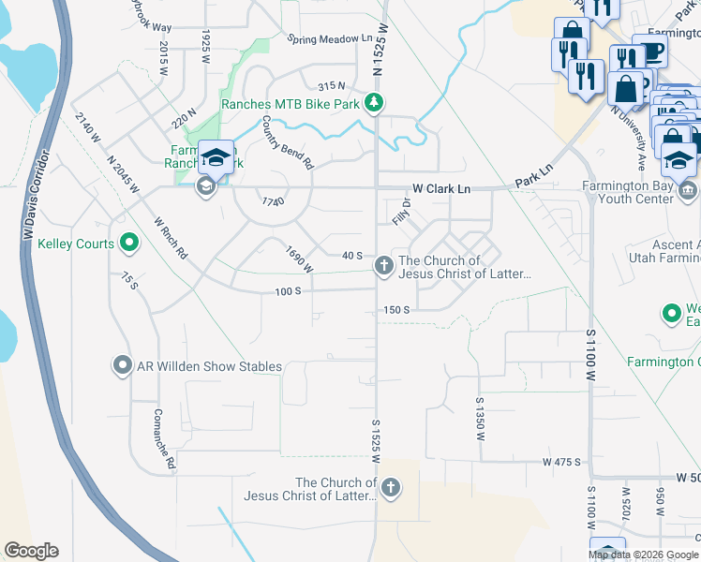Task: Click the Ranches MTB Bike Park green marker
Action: [x=374, y=103]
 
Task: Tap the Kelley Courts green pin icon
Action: [x=128, y=244]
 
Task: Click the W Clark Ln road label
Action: [x=435, y=189]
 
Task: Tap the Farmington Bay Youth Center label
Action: [x=626, y=191]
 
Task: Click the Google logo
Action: [x=31, y=551]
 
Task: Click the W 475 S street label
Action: [x=562, y=463]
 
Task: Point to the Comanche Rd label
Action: [x=165, y=438]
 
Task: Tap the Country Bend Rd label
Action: [x=287, y=141]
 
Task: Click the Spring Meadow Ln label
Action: [x=330, y=39]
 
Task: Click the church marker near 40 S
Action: [x=383, y=267]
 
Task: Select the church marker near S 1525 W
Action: [x=391, y=487]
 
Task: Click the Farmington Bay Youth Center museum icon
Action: [x=688, y=191]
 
